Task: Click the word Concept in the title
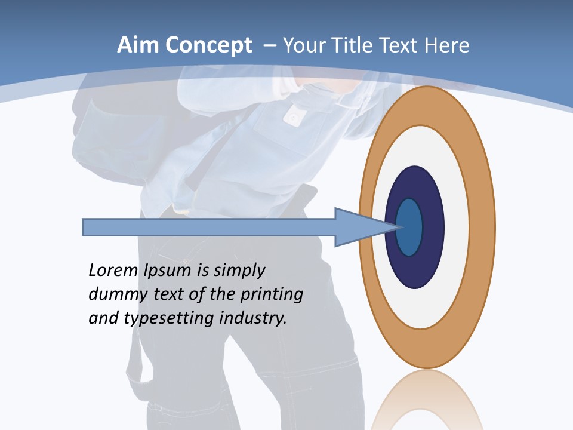point(208,45)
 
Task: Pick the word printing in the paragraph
point(272,294)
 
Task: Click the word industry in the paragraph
point(253,318)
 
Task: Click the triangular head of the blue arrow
point(358,227)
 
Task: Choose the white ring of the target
point(457,227)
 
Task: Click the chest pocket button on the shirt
point(292,118)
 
